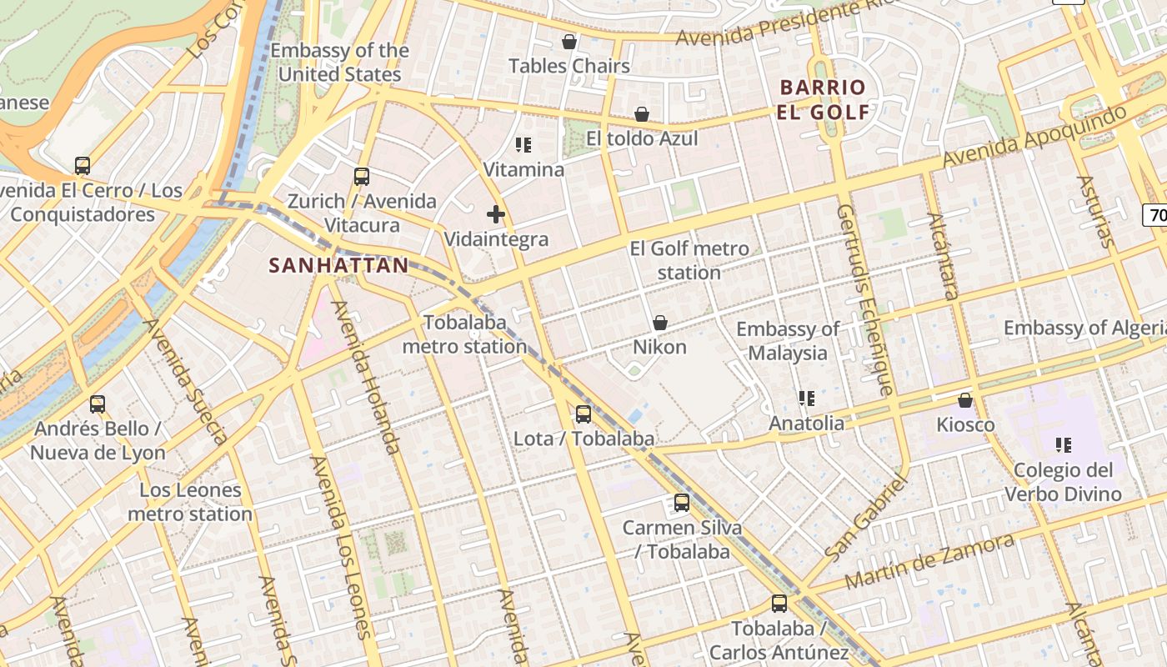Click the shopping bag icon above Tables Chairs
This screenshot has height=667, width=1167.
[569, 42]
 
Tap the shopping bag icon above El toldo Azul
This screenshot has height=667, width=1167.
[642, 114]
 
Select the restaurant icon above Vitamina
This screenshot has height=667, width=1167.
[523, 146]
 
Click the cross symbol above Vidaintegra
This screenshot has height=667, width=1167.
[496, 214]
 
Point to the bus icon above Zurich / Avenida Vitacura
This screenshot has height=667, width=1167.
[361, 177]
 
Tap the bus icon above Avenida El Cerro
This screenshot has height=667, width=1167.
[83, 166]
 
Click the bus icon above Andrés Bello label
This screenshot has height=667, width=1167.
[98, 404]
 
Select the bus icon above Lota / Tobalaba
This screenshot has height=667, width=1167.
[583, 414]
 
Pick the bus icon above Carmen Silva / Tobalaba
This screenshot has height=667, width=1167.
[682, 503]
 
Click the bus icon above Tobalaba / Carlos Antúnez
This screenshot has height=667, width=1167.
[779, 604]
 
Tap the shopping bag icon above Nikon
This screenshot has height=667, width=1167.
[660, 323]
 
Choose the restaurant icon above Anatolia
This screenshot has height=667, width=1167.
[806, 399]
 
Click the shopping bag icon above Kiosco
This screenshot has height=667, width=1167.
[965, 401]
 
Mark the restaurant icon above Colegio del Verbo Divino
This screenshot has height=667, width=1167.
[1063, 445]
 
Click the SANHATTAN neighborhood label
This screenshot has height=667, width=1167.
[338, 266]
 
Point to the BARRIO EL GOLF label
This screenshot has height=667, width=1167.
[824, 99]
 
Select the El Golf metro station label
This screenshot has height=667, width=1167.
[689, 260]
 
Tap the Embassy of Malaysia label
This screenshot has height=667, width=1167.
[788, 341]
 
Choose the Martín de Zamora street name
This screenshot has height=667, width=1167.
[929, 562]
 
